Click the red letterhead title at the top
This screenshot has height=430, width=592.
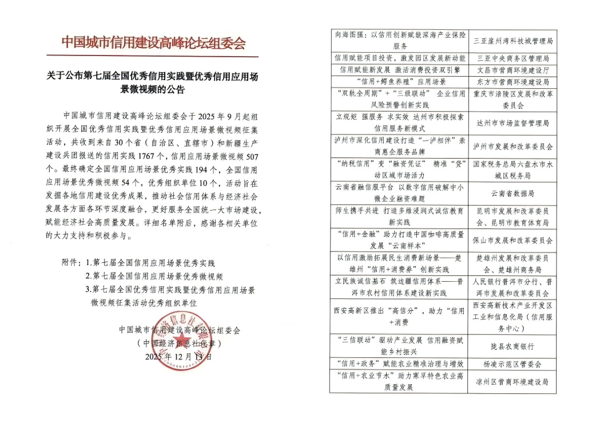click(153, 42)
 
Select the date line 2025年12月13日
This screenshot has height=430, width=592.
click(178, 356)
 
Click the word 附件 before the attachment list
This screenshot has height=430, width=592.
click(71, 263)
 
